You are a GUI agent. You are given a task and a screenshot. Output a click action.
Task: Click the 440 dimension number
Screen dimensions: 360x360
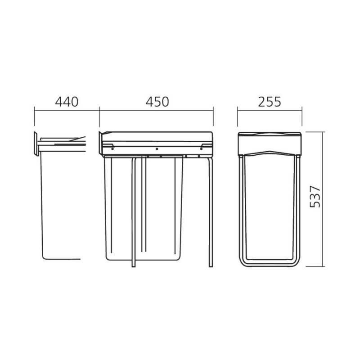[67, 102]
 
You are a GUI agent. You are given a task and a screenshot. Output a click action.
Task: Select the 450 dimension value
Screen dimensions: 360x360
[157, 102]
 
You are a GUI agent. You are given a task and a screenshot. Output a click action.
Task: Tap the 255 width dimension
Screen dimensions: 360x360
[269, 102]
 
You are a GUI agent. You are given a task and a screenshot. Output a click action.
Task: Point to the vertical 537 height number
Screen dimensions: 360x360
[315, 197]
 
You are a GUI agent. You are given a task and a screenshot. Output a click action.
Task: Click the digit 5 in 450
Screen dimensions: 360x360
[157, 102]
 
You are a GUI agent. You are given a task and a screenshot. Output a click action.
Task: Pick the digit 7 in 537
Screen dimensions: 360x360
[315, 189]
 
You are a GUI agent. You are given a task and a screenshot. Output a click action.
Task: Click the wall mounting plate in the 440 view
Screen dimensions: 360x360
[36, 144]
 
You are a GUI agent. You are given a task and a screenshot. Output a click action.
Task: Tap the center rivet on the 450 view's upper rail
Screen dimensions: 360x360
[157, 149]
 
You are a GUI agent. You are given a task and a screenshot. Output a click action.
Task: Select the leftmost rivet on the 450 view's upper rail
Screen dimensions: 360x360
[112, 149]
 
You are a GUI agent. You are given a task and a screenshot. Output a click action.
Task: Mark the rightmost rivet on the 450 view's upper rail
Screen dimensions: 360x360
[201, 149]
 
